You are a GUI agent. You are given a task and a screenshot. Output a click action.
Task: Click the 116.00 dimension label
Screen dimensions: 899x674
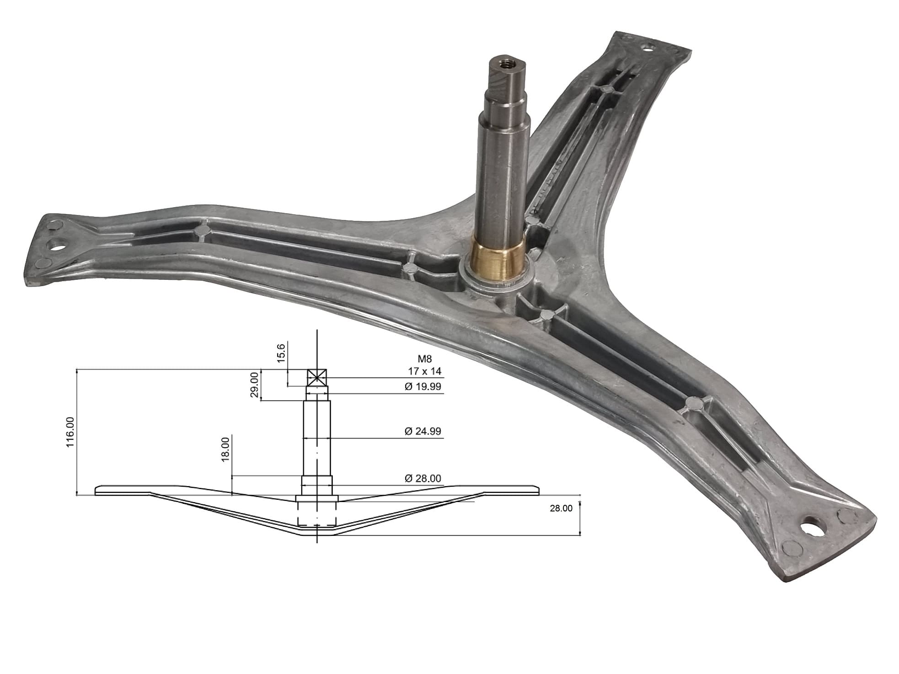pos(70,432)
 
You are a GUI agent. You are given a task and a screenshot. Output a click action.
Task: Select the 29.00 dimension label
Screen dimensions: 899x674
pos(255,385)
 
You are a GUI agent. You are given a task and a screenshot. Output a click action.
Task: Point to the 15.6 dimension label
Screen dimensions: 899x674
pos(281,353)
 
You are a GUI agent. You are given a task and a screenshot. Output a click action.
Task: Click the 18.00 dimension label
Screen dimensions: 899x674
pos(225,449)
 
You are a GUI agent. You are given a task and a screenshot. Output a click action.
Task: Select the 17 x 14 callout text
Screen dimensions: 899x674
pos(425,371)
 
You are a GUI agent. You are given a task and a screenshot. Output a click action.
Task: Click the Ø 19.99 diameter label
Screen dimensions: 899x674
pos(423,386)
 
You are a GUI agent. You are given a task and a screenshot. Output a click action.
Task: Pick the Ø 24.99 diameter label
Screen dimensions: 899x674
pos(423,431)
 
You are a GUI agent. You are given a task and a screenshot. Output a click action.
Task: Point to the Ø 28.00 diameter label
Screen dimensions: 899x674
pos(423,478)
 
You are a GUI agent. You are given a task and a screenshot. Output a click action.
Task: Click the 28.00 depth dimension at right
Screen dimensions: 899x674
pos(561,508)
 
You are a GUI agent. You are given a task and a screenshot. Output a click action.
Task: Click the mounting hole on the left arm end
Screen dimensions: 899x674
pos(57,244)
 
